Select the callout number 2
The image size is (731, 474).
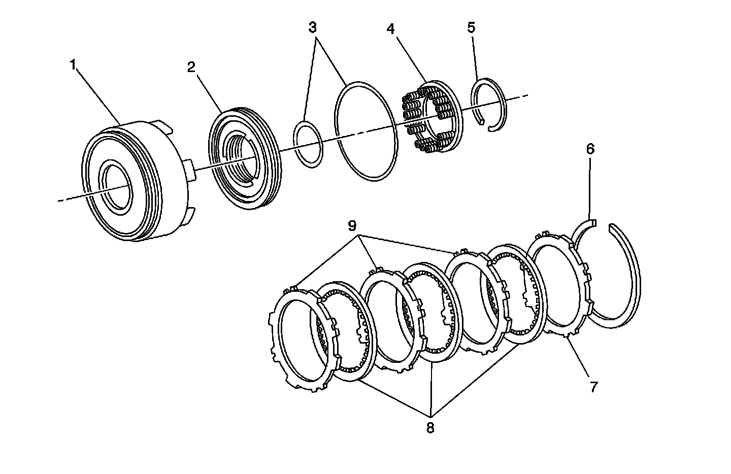click(191, 67)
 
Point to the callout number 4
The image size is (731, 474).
click(390, 28)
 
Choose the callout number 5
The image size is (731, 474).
click(471, 27)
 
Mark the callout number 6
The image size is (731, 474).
click(589, 149)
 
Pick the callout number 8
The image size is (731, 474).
click(430, 428)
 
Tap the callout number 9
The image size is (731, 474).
click(352, 225)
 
